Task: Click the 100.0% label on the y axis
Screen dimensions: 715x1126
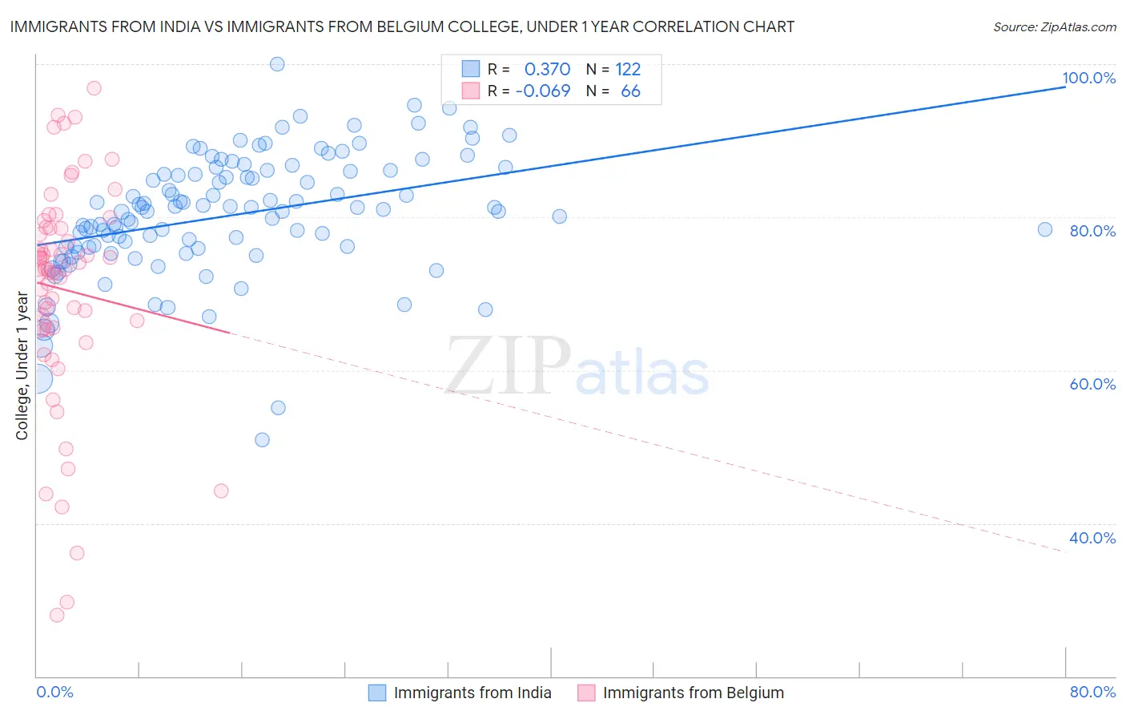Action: pos(1088,78)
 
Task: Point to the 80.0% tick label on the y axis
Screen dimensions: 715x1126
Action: pos(1092,231)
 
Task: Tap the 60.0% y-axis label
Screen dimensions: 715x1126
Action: pos(1092,384)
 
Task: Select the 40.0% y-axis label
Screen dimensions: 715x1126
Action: pos(1092,538)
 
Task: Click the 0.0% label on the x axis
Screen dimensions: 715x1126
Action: pos(54,692)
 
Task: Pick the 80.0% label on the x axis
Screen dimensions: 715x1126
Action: pos(1092,692)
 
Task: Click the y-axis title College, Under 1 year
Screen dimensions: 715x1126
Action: pos(22,366)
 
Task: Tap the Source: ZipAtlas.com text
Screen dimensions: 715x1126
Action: pos(1054,27)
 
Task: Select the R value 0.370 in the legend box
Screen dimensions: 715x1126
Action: pos(547,69)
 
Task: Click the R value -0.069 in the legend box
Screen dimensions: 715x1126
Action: pos(543,91)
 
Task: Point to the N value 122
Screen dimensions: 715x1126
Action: pos(628,69)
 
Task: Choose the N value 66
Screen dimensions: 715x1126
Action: pos(630,91)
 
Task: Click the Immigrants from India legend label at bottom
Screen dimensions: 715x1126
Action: pos(473,693)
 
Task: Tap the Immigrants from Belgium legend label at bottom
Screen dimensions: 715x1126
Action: pos(693,693)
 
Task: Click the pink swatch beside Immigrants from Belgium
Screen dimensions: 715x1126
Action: pos(586,693)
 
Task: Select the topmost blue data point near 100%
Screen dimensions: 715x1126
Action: pos(277,64)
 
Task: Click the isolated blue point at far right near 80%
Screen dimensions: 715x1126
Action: pos(1044,229)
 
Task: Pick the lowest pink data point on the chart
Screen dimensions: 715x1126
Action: pos(57,615)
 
